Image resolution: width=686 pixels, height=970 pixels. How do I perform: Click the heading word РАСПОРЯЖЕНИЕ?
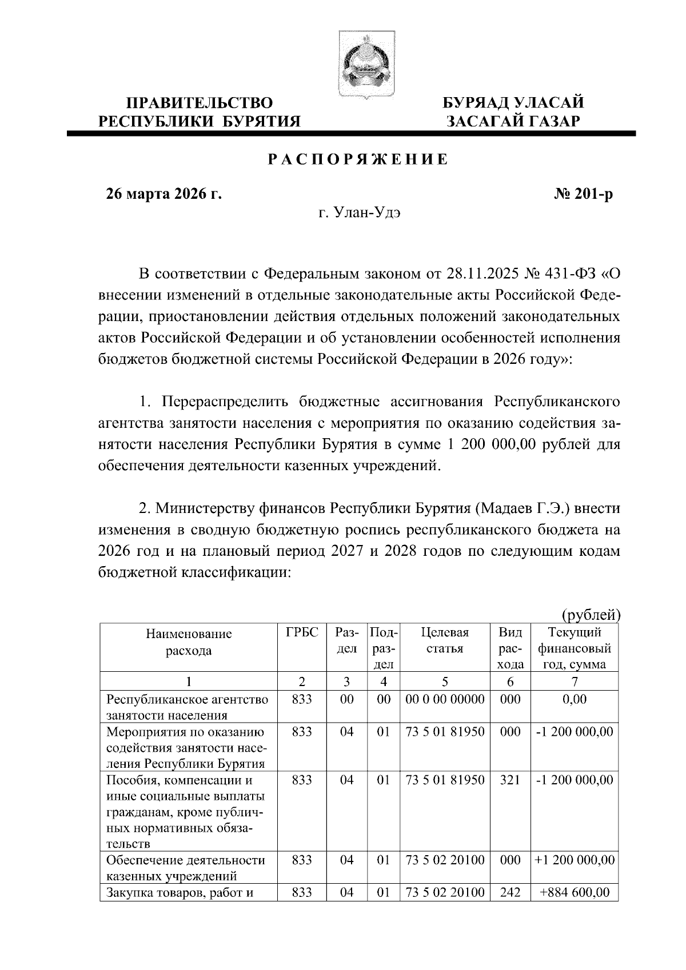[x=359, y=160]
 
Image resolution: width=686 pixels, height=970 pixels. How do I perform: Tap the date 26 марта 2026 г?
[x=164, y=194]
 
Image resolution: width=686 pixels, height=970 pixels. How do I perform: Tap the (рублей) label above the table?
[x=591, y=615]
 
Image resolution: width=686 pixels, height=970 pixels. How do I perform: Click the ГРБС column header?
[x=301, y=633]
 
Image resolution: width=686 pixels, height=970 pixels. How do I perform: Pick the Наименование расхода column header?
[x=189, y=642]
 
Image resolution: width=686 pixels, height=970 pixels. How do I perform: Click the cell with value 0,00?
[x=574, y=699]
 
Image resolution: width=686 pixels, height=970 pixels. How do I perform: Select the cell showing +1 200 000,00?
[x=574, y=860]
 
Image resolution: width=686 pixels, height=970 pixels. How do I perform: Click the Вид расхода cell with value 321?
[x=510, y=780]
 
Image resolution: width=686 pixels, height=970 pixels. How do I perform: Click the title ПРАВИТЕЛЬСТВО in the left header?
[x=199, y=103]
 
